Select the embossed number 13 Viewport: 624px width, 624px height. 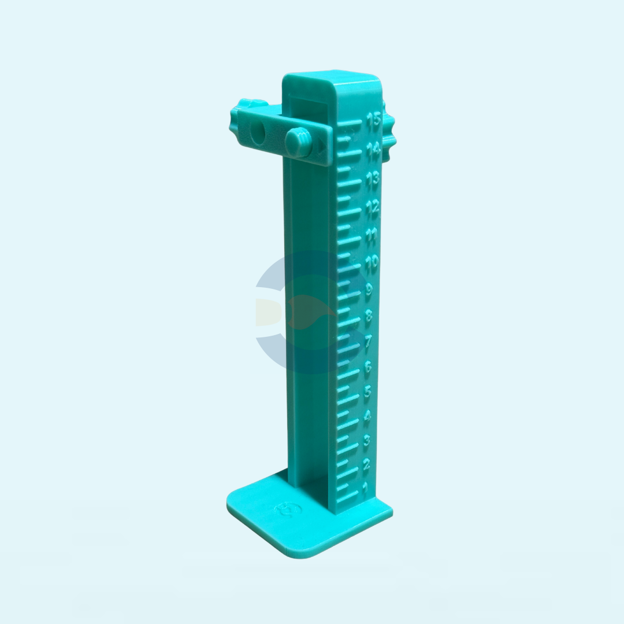tap(373, 179)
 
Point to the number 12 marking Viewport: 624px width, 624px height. tap(373, 207)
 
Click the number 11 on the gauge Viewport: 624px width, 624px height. tap(372, 235)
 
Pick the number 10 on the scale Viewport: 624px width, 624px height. tap(371, 262)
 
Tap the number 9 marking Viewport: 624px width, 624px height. tap(369, 290)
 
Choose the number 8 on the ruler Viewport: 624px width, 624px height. tap(369, 317)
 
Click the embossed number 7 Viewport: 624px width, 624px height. tap(368, 341)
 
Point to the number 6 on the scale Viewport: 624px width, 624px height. tap(367, 366)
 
